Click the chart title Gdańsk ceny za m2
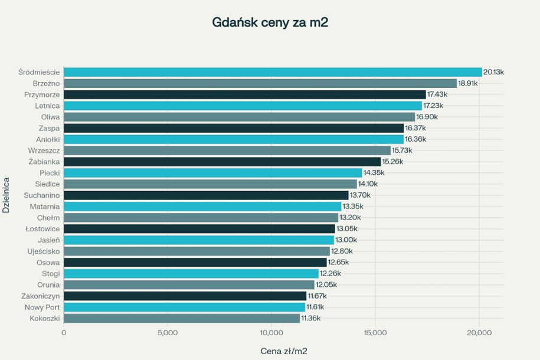coord(270,22)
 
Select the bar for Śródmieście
coord(273,72)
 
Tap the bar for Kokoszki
coord(182,319)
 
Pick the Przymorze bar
coord(244,94)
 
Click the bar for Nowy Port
coord(184,307)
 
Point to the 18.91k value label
coord(468,83)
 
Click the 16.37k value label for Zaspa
coord(415,128)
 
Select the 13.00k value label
coord(346,240)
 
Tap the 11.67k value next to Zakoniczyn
coord(317,296)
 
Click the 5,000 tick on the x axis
coord(168,333)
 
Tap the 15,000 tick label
coord(375,333)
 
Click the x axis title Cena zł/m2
coord(283,351)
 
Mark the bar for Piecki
coord(212,173)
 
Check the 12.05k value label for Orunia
coord(326,285)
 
